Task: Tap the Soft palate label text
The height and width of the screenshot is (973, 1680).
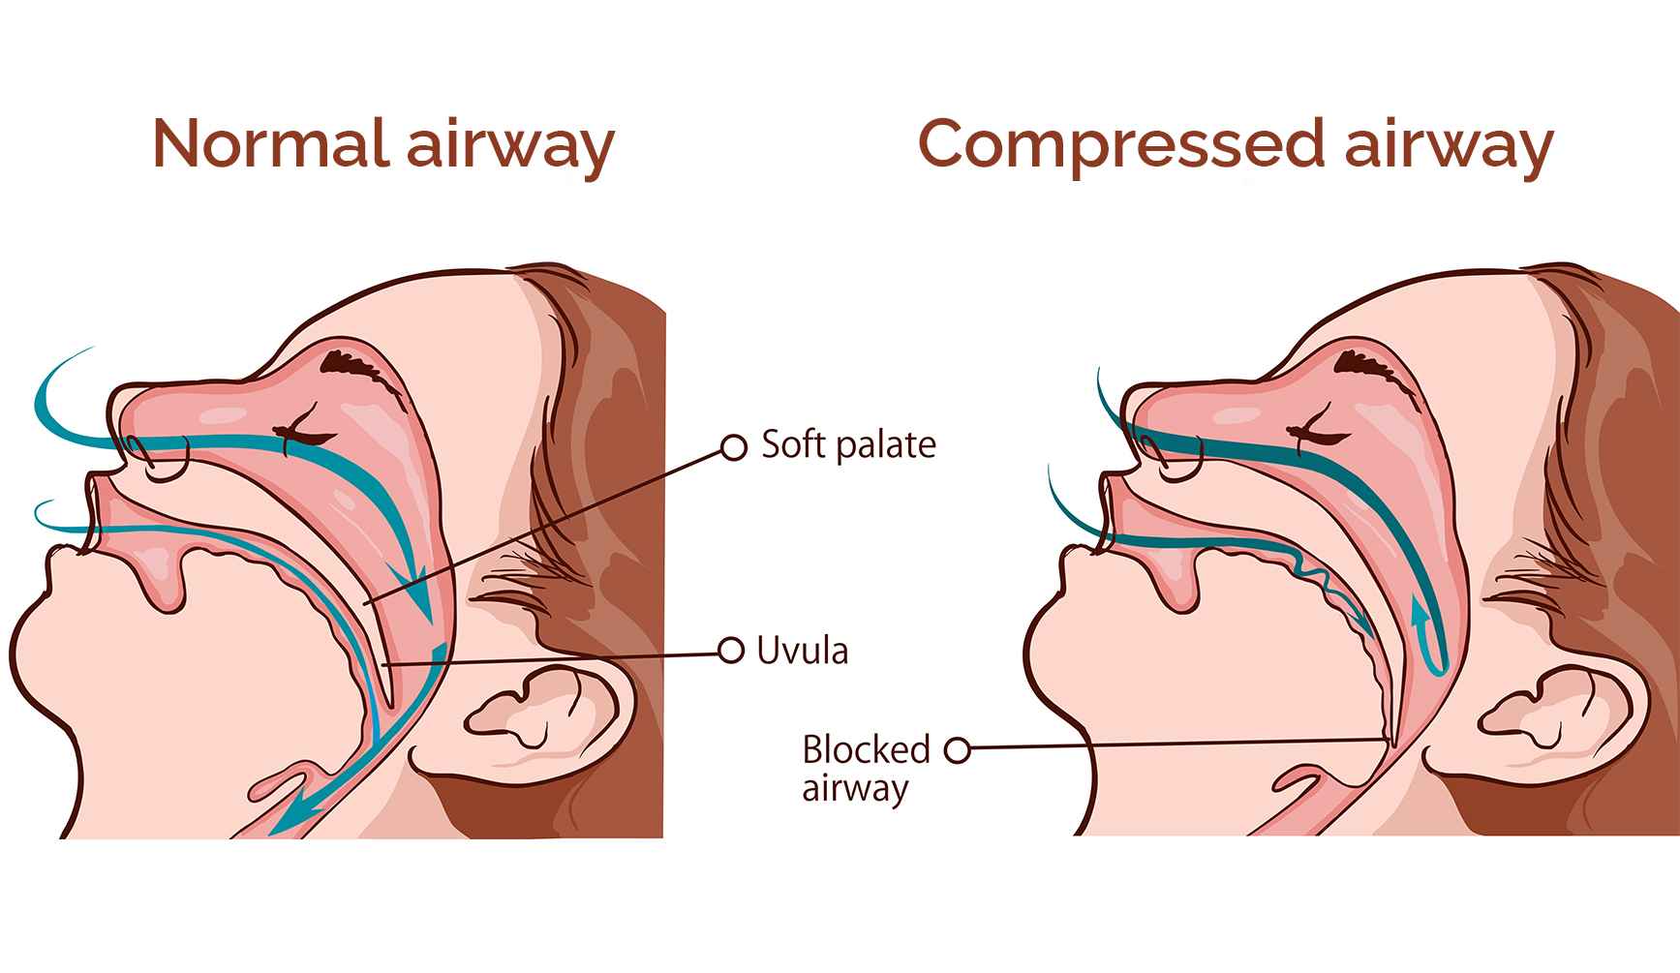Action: pos(849,444)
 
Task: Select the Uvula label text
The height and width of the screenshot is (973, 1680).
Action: pos(803,651)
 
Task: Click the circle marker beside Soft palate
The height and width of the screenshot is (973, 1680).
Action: pos(734,446)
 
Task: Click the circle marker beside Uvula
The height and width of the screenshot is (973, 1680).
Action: pos(731,651)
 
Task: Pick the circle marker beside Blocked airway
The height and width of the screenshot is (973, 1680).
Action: pos(957,748)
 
